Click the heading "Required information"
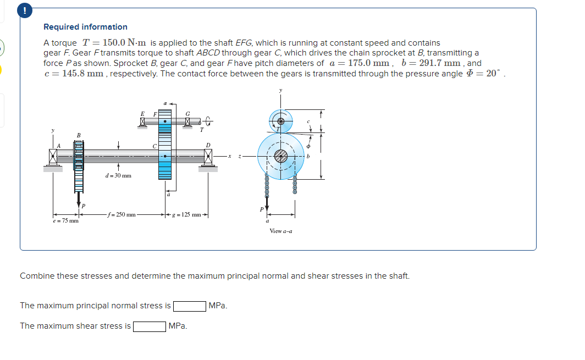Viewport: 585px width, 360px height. (85, 27)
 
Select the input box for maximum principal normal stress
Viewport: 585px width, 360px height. (190, 306)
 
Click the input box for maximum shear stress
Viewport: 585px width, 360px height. (150, 326)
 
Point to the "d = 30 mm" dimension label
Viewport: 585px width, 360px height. (118, 176)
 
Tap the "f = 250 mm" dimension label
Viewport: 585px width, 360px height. (122, 214)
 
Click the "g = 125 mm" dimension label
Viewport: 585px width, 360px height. (187, 214)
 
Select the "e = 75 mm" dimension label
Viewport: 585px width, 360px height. (65, 221)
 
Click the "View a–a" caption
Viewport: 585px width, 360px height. (280, 231)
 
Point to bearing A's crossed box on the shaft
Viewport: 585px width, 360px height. (53, 157)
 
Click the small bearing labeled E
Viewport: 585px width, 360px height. (143, 120)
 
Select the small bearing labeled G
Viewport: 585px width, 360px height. (188, 120)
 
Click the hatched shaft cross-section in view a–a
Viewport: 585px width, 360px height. (281, 157)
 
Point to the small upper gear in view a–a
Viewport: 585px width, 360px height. (280, 120)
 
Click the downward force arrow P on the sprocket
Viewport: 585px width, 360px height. (79, 197)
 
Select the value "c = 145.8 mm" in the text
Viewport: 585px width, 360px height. (74, 74)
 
